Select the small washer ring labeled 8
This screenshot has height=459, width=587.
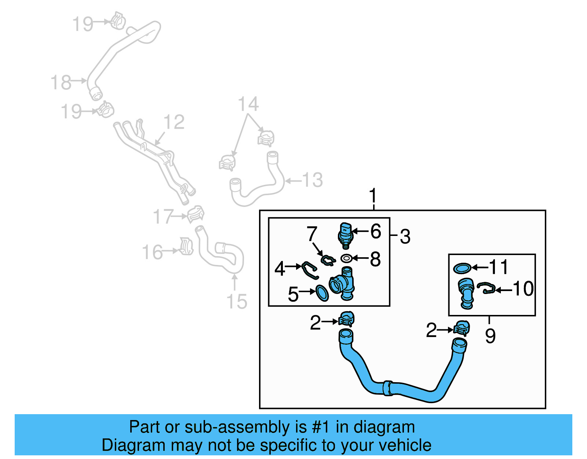(x=346, y=258)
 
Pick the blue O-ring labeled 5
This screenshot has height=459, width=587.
(x=322, y=293)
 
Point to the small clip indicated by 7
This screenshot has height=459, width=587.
(x=328, y=260)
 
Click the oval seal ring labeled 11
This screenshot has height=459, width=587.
(x=462, y=268)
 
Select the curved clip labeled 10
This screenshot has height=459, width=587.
(x=486, y=288)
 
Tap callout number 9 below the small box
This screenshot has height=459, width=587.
(x=490, y=336)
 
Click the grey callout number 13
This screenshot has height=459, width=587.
(x=312, y=180)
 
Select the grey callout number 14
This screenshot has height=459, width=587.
(x=248, y=104)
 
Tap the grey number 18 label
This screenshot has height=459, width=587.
(x=61, y=82)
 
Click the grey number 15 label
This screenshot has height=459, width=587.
(x=237, y=301)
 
